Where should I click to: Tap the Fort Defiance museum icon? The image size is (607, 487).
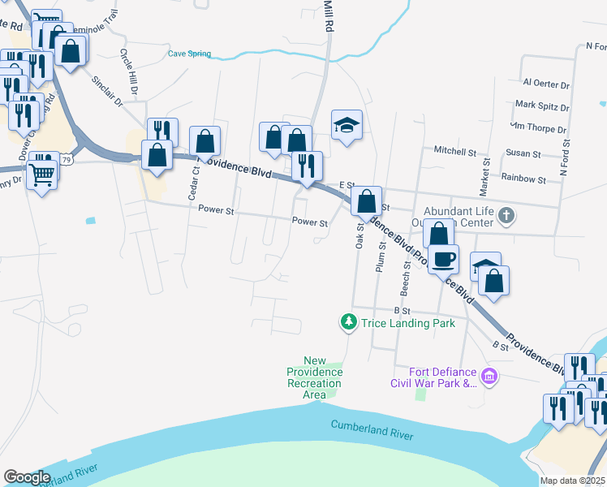489,377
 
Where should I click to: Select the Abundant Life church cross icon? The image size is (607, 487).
506,215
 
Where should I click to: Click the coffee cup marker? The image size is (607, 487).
444,260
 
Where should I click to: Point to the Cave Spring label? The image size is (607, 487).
189,54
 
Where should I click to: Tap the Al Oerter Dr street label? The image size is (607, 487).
546,84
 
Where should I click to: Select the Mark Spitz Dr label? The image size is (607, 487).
542,106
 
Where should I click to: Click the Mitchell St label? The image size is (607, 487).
454,151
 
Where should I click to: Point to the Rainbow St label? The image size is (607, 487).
523,178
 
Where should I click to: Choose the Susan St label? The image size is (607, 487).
523,153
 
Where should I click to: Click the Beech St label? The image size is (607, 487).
407,278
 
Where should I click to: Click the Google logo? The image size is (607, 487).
28,477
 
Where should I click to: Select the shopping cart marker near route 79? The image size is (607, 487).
42,173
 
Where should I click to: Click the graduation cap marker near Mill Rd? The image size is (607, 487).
347,125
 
